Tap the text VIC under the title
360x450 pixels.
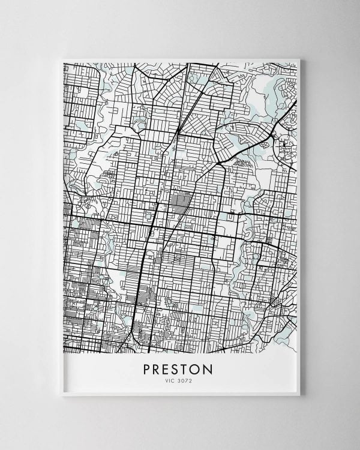[170, 378]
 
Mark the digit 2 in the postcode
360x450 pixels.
[191, 378]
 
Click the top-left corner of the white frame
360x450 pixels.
[62, 59]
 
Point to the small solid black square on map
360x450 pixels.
[283, 144]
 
